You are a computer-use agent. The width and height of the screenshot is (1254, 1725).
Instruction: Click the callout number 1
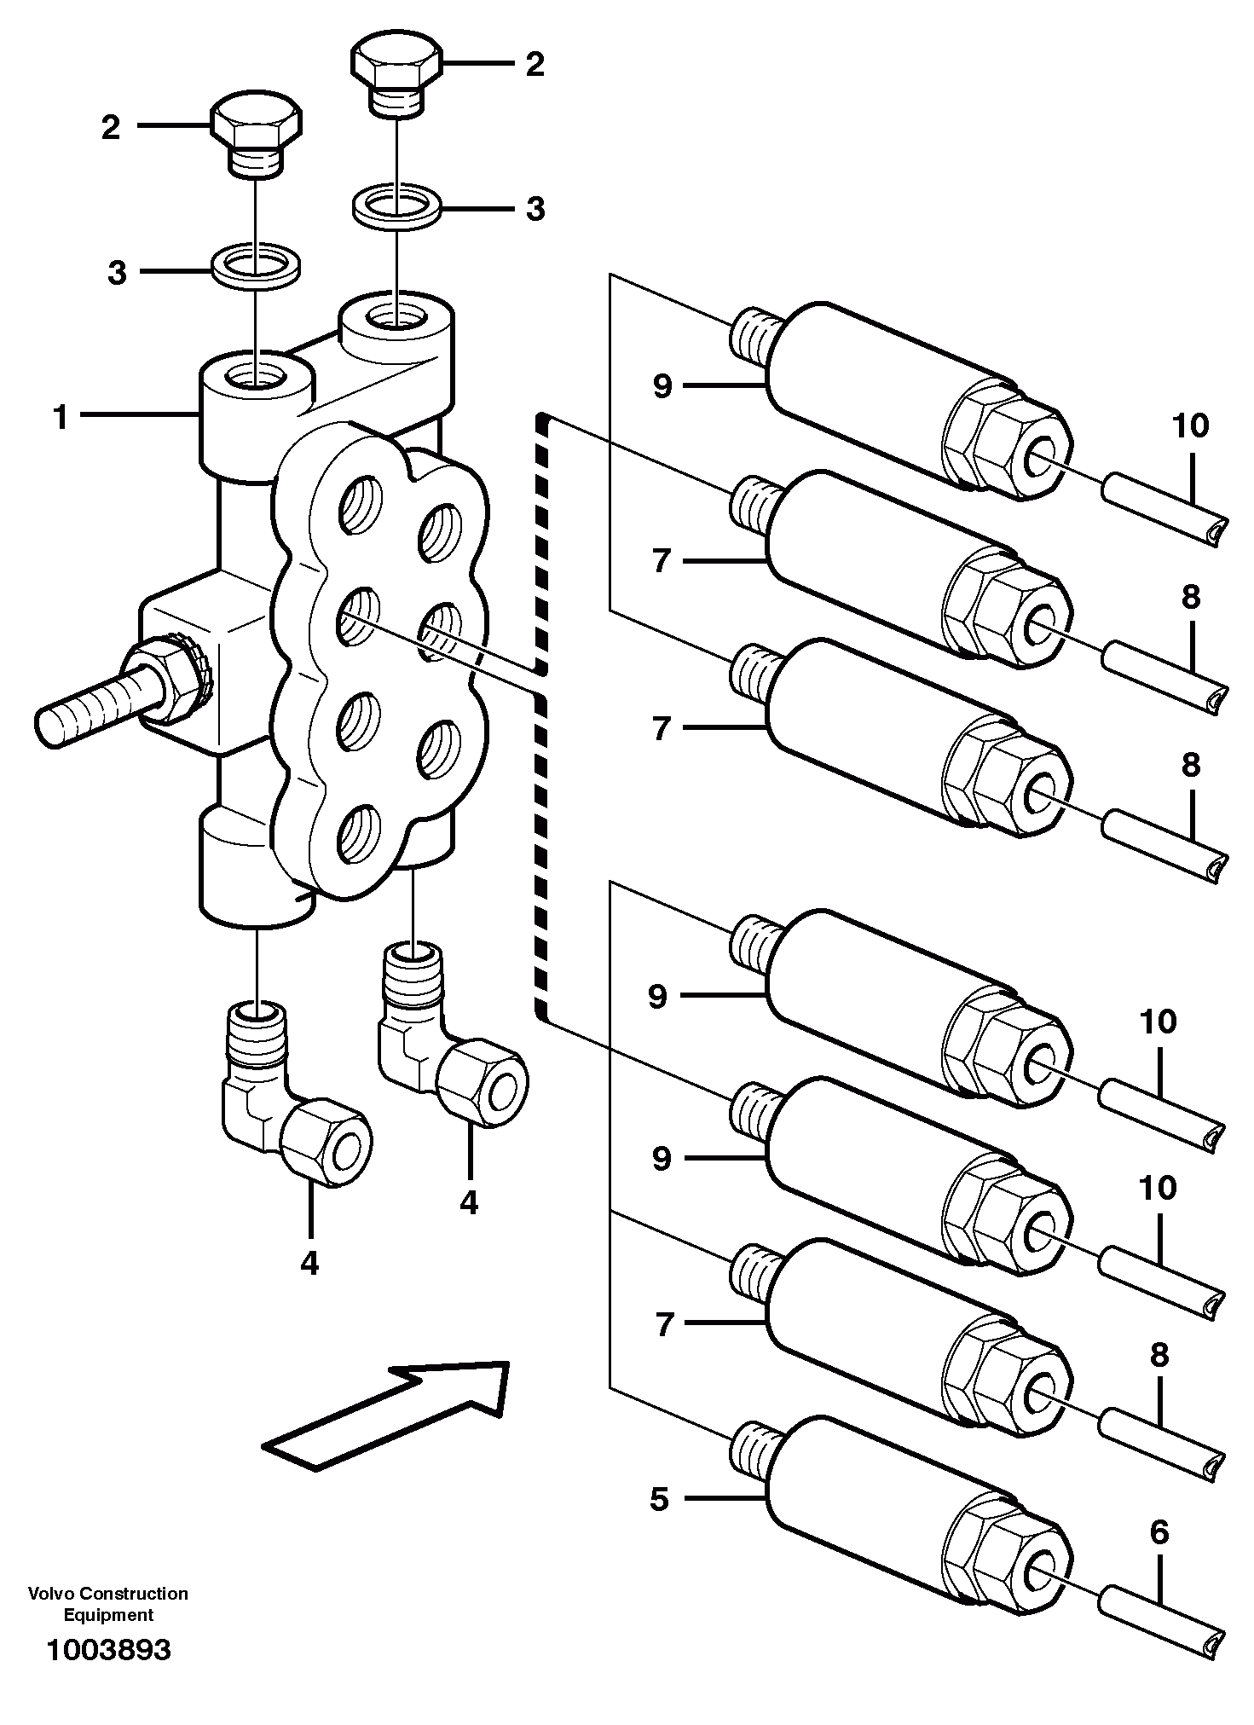tap(61, 418)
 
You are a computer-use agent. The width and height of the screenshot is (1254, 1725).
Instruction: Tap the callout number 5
tap(660, 1500)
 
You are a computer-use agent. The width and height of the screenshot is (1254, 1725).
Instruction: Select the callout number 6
tap(1159, 1533)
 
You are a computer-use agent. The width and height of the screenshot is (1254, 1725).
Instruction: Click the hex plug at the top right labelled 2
tap(396, 77)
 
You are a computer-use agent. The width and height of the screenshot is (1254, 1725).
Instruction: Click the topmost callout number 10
tap(1191, 425)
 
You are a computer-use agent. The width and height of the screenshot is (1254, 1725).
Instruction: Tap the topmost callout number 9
tap(662, 386)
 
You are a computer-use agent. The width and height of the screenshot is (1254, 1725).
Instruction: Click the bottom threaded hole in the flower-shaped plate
tap(356, 832)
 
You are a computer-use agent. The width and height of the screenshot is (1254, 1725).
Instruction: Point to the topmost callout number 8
tap(1191, 598)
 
